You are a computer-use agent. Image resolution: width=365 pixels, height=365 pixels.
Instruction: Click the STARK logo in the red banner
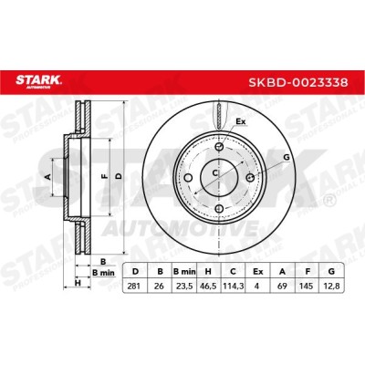coord(38,81)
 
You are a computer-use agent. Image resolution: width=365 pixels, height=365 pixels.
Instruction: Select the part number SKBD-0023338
coord(298,82)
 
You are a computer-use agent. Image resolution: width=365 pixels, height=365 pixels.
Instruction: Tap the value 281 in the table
coord(134,286)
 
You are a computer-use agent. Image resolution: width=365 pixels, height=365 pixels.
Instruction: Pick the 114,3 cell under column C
coord(233,286)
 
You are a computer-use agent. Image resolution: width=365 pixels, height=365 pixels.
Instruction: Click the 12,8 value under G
coord(331,286)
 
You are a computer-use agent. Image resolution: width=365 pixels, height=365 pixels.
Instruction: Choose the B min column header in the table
coord(184,272)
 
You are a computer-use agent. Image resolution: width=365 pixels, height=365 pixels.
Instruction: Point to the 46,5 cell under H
coord(208,286)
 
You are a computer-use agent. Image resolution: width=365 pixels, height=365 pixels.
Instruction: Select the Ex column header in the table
coord(258,272)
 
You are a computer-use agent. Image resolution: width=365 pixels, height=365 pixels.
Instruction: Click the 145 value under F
coord(307,286)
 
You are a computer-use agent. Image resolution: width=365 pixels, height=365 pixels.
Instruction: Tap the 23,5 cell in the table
coord(184,286)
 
